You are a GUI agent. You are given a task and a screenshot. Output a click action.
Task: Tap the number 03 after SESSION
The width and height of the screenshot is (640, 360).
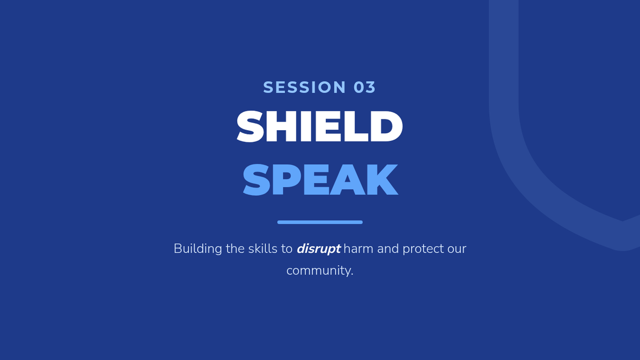[365, 87]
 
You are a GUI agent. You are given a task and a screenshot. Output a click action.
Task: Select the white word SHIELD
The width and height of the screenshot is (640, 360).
[319, 126]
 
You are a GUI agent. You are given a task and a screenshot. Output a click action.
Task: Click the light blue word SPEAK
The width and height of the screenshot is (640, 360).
[320, 179]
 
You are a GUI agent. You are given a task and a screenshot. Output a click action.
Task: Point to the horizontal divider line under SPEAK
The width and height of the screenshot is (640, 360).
[320, 222]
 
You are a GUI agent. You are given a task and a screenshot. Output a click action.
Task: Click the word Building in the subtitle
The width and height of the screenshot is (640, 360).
[198, 249]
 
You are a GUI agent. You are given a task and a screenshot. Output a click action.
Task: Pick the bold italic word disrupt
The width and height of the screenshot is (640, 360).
[318, 249]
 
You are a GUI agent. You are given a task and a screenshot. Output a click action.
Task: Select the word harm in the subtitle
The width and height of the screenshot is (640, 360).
[358, 249]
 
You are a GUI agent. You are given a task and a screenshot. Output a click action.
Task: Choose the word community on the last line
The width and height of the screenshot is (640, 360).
[318, 270]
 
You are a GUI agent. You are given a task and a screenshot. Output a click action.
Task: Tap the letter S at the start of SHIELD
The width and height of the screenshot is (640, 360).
[250, 126]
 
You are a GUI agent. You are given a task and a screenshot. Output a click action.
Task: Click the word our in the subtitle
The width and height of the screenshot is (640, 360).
[457, 249]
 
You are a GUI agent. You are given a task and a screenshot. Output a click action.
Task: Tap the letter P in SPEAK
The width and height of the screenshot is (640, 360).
[287, 179]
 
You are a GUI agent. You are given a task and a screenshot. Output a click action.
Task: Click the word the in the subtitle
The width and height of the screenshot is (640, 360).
[235, 249]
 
